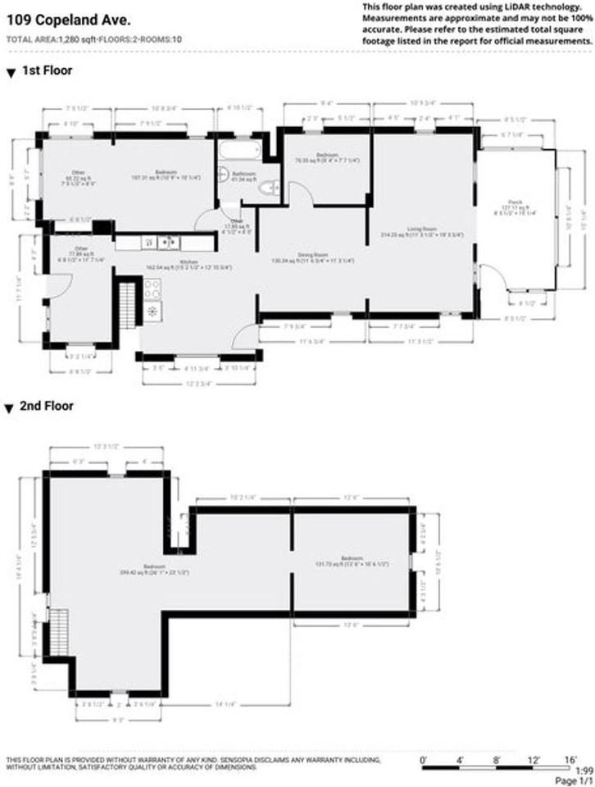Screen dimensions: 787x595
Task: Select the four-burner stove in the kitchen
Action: pos(152,288)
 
